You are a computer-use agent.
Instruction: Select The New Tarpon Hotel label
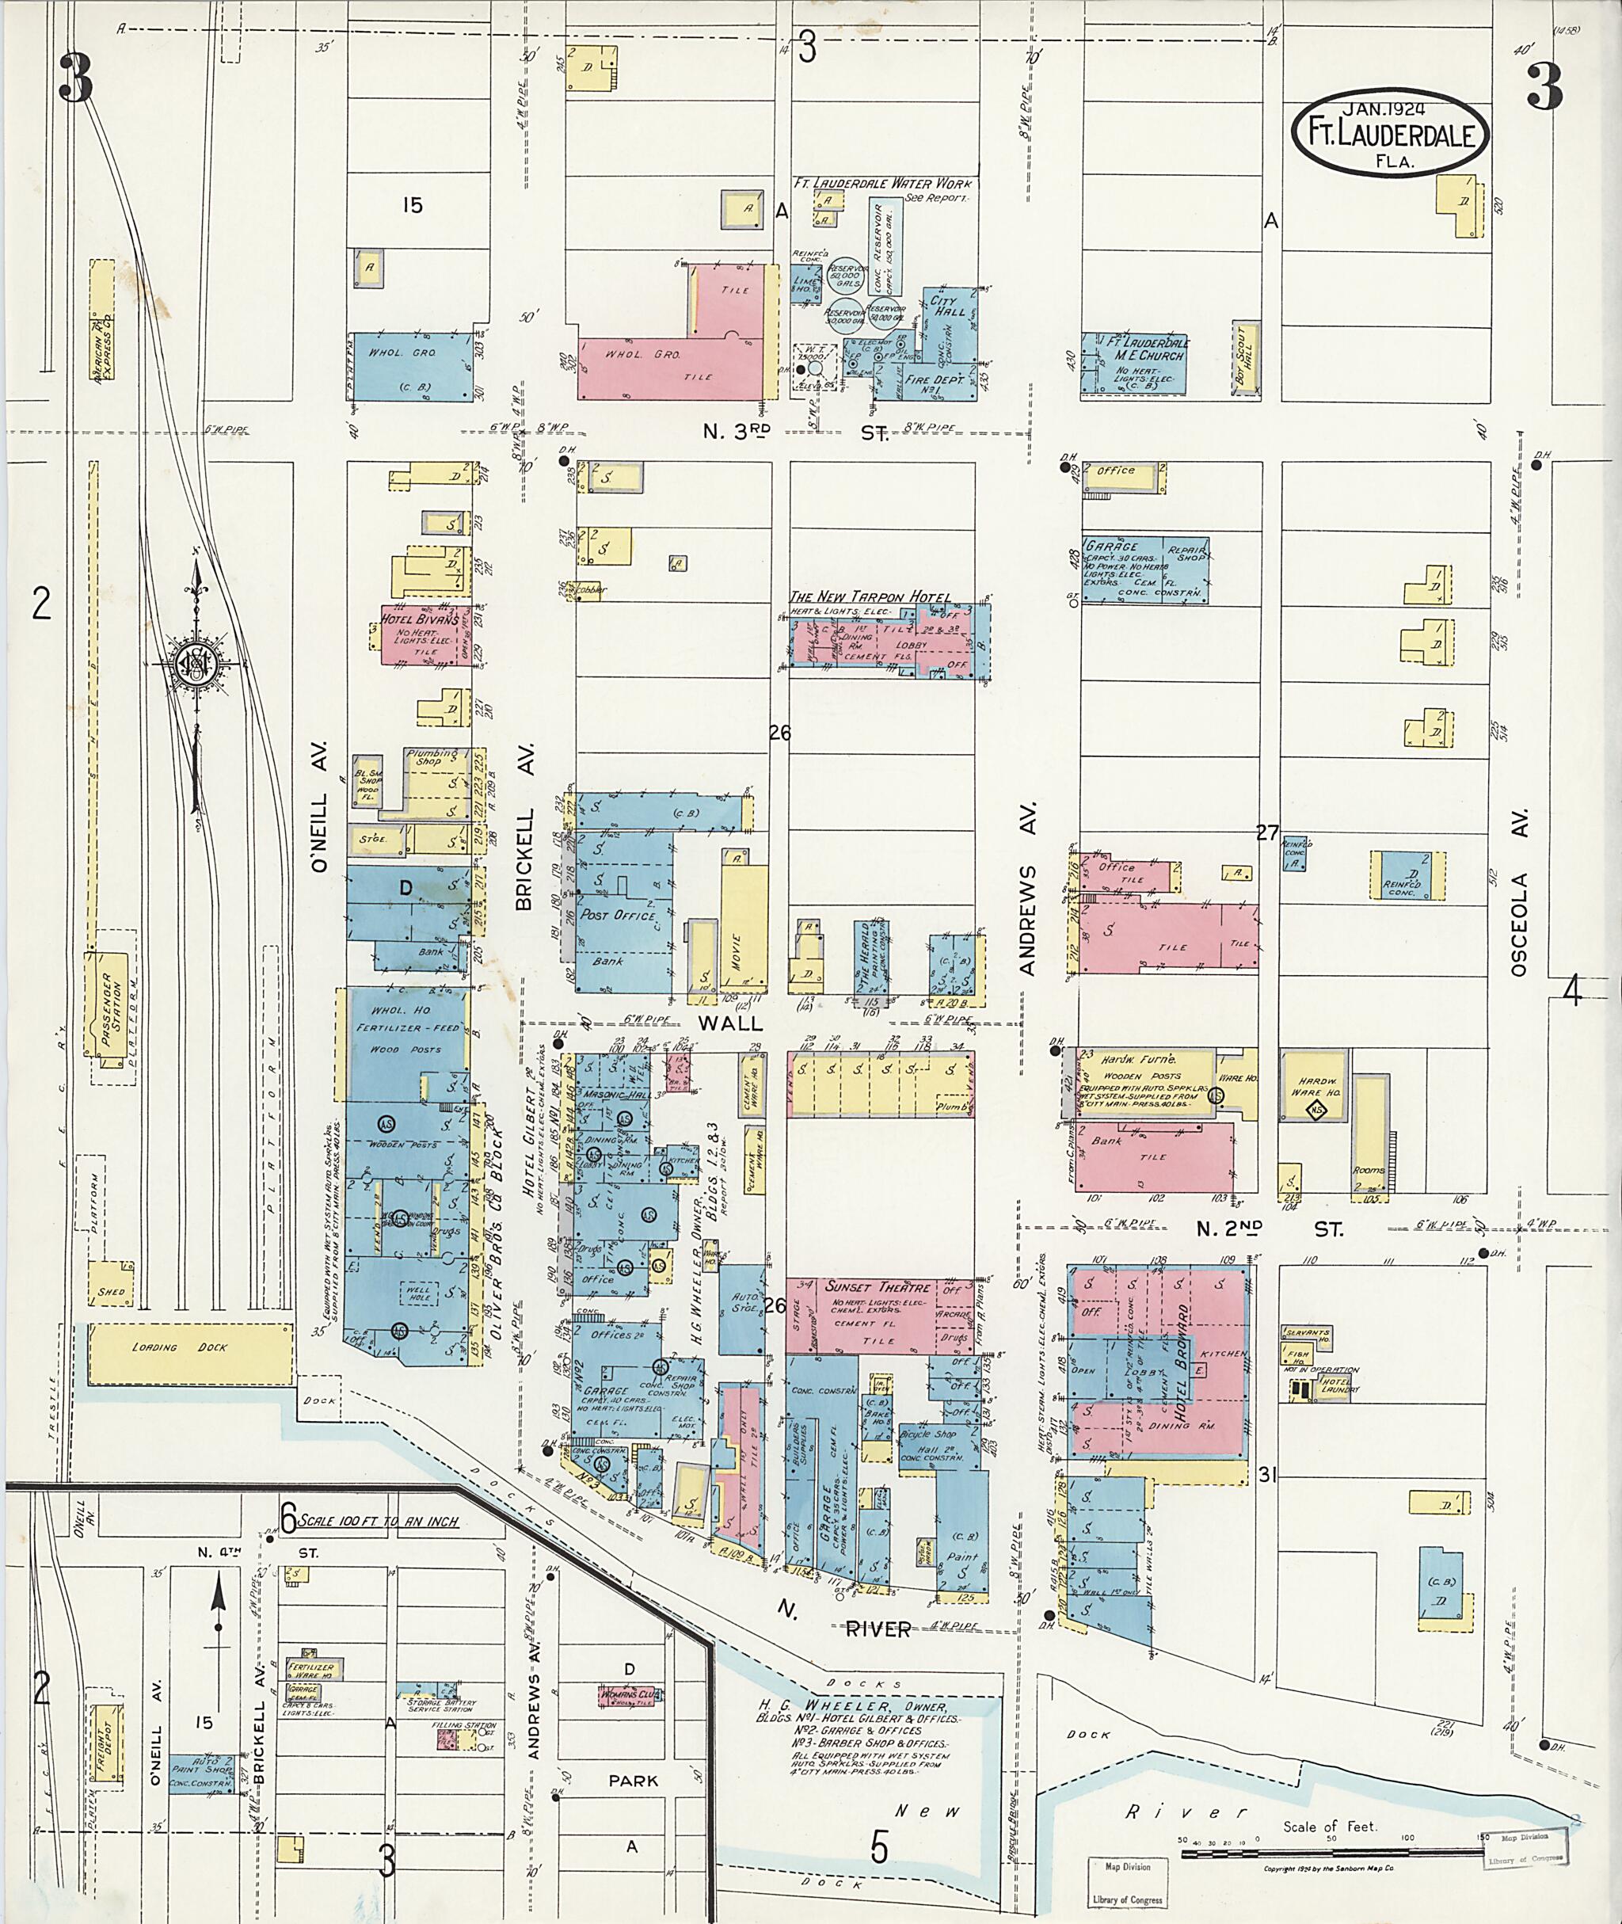[x=870, y=598]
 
